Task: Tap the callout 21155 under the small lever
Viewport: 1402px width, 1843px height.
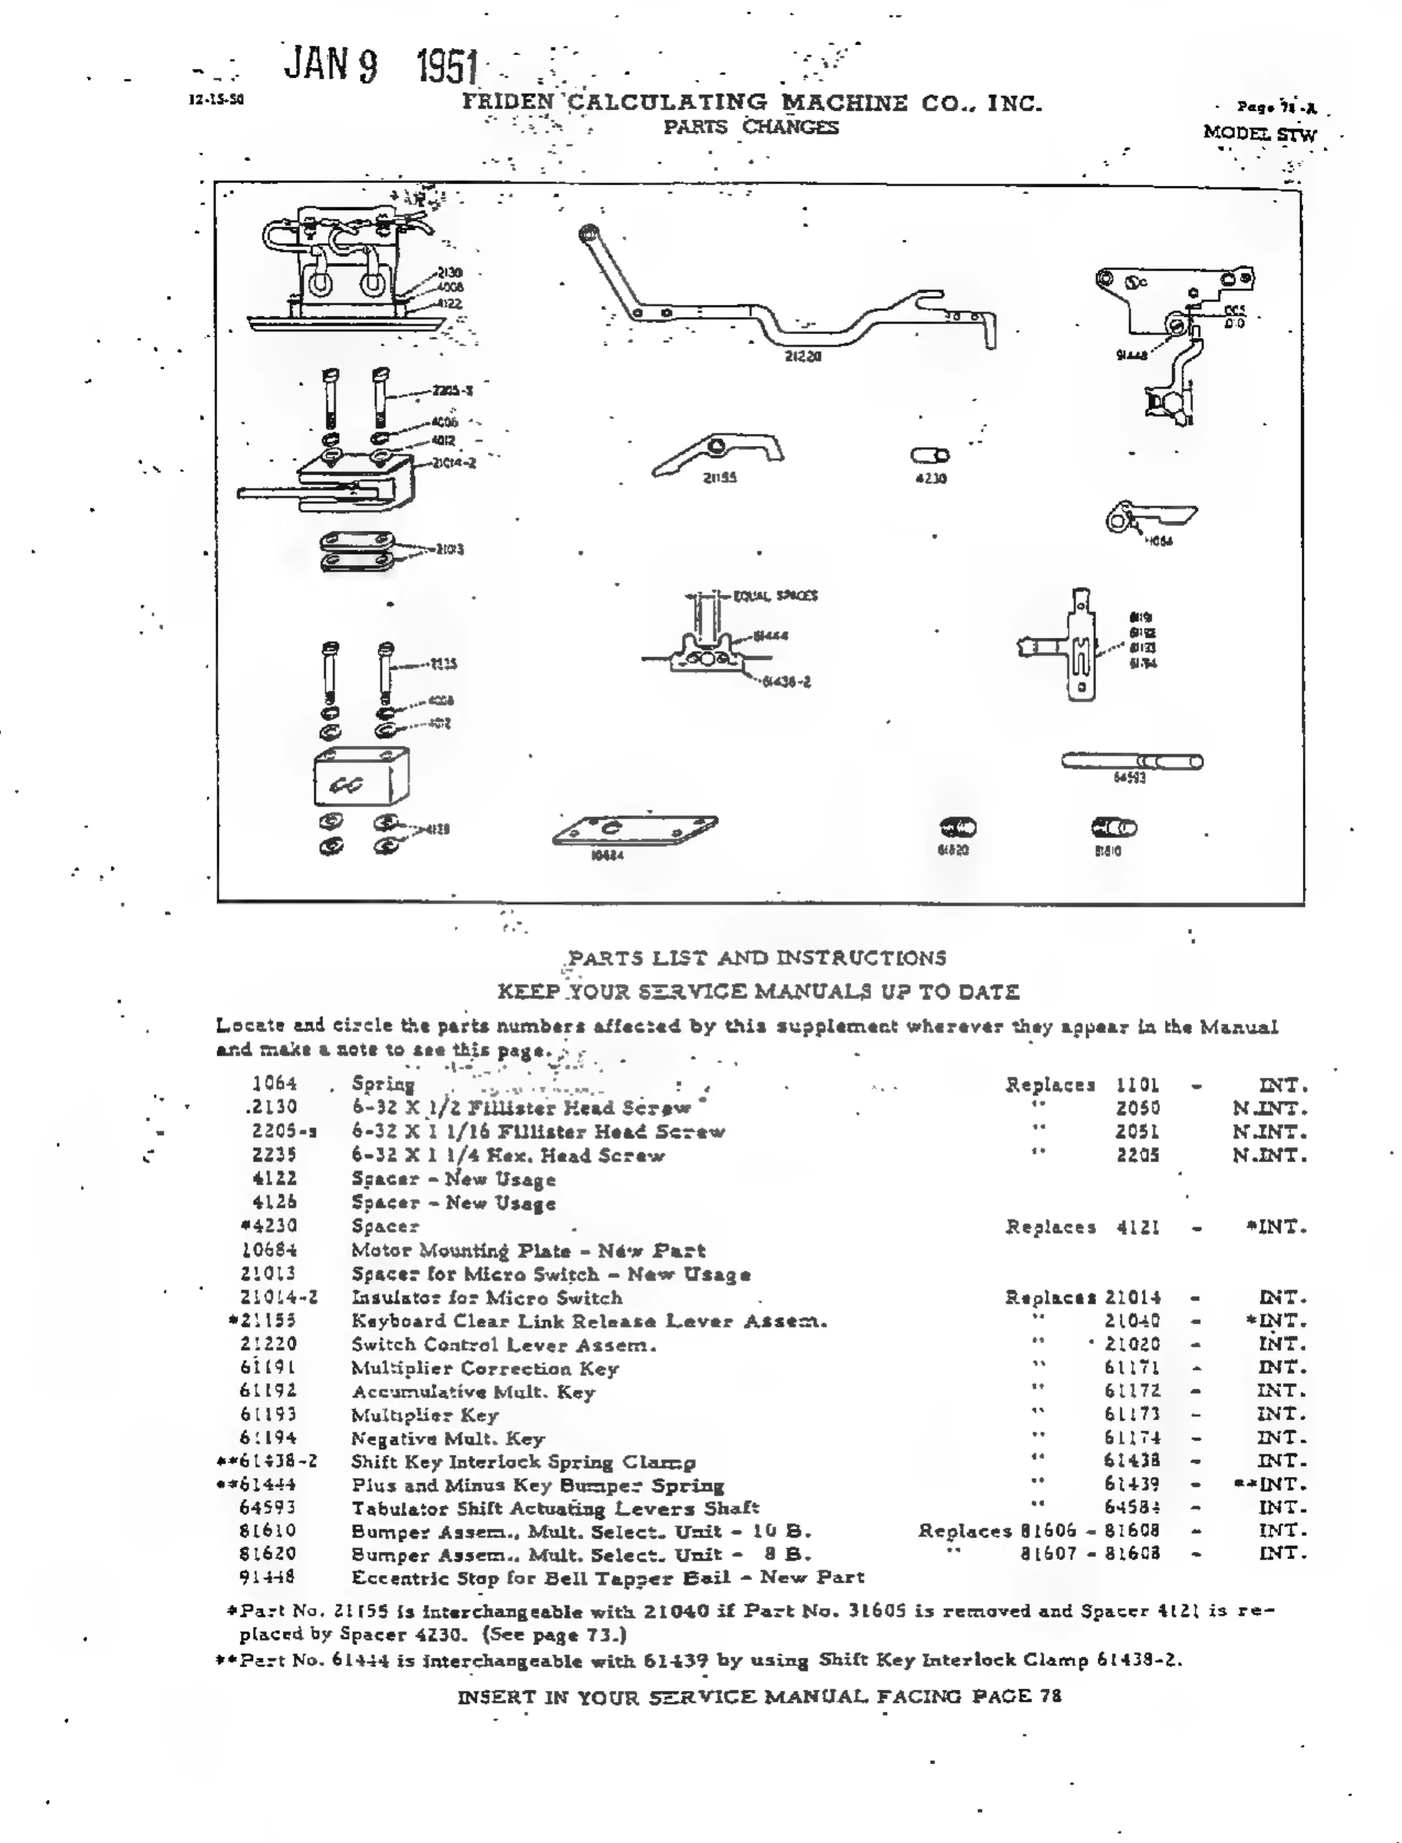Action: coord(719,478)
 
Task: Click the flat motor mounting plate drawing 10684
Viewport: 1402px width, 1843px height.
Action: coord(634,831)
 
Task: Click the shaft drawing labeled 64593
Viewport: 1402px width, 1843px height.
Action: coord(1131,761)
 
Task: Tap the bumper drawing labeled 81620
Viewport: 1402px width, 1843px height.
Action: coord(957,828)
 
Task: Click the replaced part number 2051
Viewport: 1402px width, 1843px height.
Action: coord(1137,1131)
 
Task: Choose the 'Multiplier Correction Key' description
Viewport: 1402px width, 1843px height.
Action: coord(485,1368)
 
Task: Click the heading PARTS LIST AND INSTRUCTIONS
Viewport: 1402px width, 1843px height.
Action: coord(757,957)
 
